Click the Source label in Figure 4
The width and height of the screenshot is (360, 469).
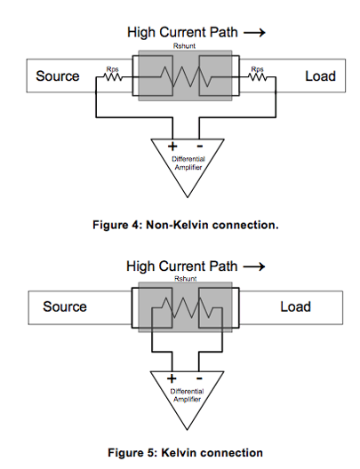pos(58,76)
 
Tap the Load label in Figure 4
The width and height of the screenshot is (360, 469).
pos(320,76)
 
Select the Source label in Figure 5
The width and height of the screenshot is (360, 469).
pos(65,306)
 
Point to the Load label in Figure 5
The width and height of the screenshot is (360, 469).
pos(295,306)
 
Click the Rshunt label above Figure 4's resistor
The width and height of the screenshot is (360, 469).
pos(184,46)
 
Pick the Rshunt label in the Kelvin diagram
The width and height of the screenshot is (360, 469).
pos(186,279)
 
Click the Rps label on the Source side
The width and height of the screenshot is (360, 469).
pos(113,69)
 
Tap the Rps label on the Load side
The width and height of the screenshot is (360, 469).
pos(257,69)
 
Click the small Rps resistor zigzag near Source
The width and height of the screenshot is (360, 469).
pos(113,77)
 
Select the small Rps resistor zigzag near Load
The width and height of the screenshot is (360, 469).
pos(258,77)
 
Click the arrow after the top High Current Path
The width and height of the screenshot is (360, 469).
pos(254,32)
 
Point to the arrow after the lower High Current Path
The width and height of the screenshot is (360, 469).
pos(254,266)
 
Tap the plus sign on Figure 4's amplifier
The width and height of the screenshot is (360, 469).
pos(172,147)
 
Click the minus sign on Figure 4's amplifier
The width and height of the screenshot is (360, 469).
pos(200,146)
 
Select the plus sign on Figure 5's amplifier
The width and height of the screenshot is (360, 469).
pos(172,378)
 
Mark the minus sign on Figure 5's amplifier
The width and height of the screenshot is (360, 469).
pos(199,378)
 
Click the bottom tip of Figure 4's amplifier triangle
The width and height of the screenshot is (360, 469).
pos(188,197)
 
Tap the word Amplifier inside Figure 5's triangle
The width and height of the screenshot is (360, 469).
pos(187,400)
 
